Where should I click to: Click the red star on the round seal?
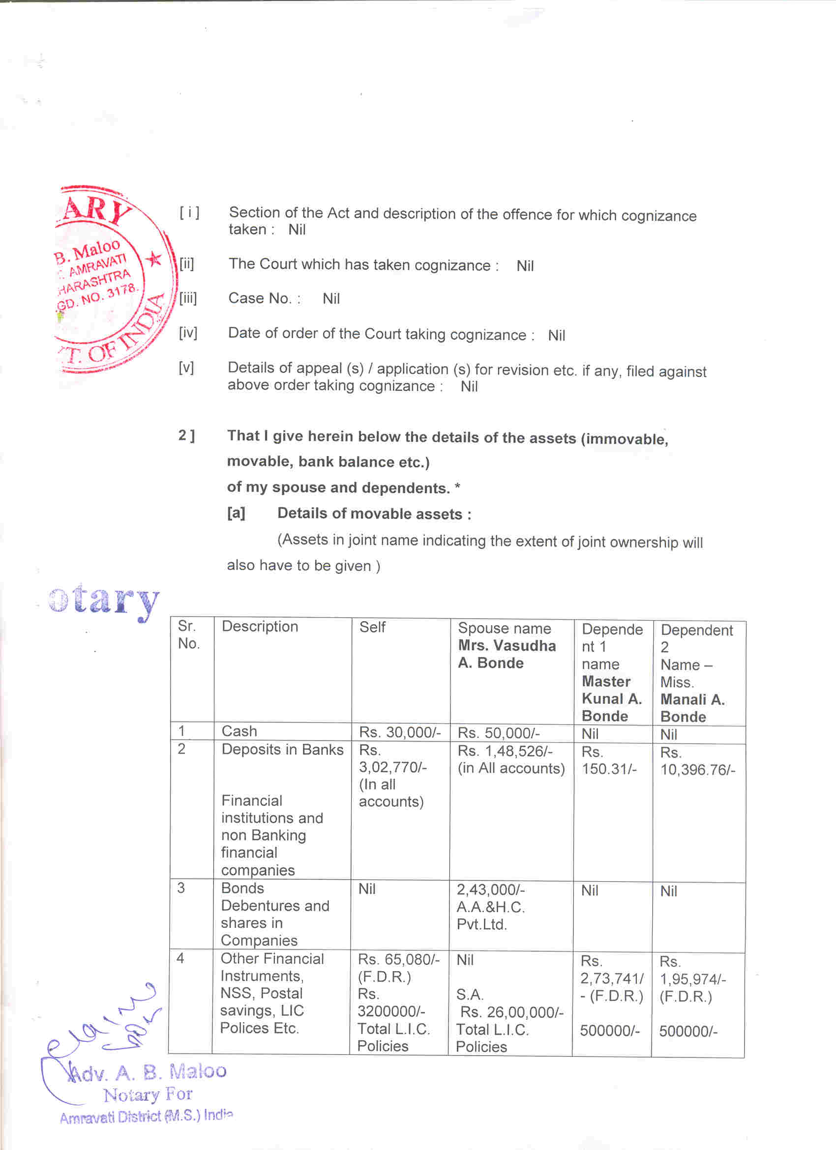154,259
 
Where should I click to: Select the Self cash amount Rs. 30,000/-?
400,732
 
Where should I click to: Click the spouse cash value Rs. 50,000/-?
498,733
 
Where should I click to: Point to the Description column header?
260,627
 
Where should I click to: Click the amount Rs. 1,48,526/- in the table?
505,751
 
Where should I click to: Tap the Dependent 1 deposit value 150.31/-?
609,769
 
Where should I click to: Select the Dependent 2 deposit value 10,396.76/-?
697,770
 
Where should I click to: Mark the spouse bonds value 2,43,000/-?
491,890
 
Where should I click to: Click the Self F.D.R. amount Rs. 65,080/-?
399,959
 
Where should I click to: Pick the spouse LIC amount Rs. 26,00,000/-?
511,1012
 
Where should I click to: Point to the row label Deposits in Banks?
282,749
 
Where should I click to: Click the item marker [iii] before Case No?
188,298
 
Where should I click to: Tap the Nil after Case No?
331,299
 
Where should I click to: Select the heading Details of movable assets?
374,514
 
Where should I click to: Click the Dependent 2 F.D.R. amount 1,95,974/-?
692,979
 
